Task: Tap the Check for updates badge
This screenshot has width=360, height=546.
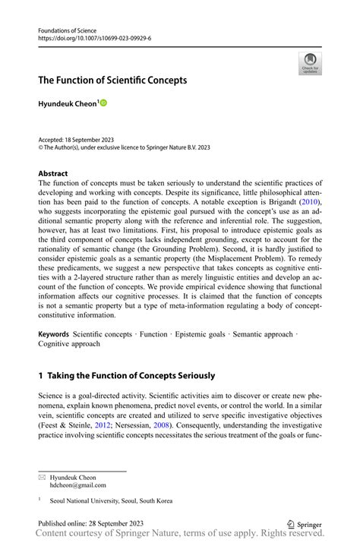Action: click(309, 64)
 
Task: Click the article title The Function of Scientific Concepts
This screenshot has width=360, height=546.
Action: click(112, 80)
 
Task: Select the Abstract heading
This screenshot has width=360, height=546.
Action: click(53, 173)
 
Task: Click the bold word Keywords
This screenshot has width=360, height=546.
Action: click(54, 333)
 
